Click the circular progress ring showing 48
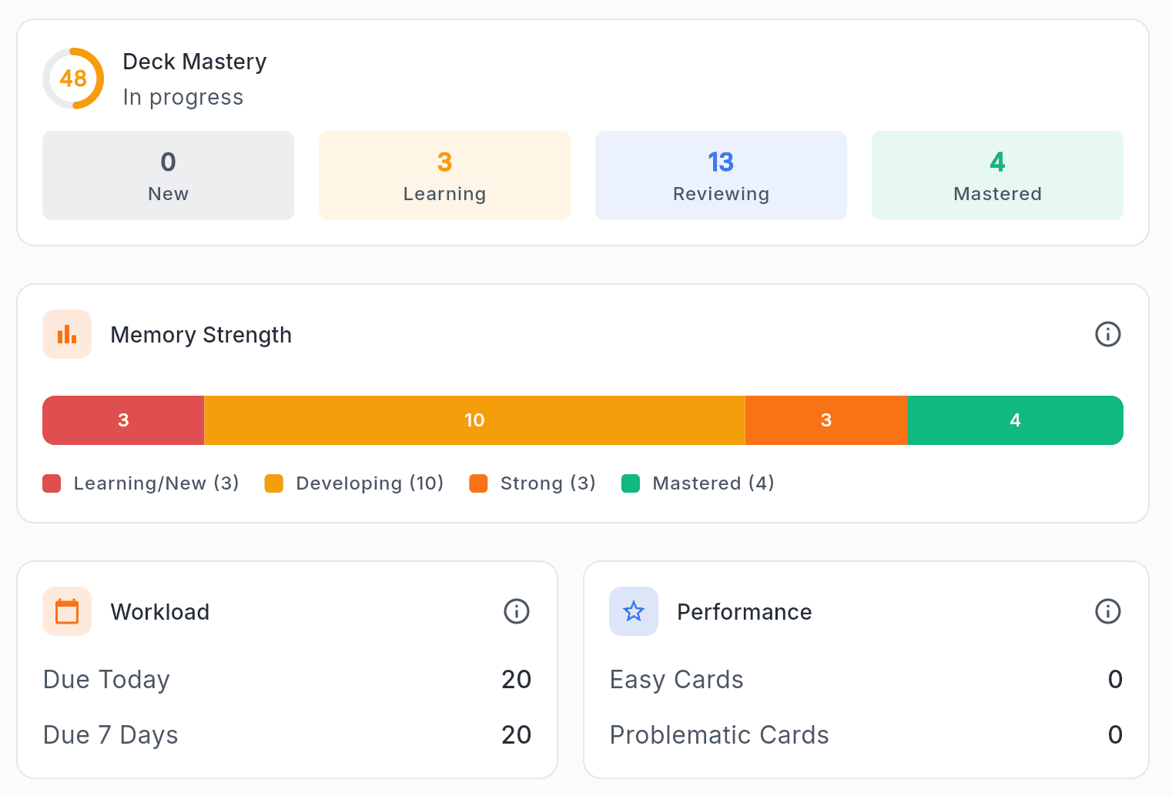[73, 79]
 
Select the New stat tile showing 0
[168, 176]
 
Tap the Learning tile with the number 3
[444, 176]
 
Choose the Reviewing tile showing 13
[721, 176]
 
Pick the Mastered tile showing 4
[997, 176]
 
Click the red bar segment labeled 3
[123, 420]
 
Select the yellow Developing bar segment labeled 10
[474, 420]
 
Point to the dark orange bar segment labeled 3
[826, 420]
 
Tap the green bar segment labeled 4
[1015, 420]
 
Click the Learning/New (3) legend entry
[141, 483]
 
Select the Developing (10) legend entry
[354, 483]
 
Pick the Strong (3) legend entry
[533, 483]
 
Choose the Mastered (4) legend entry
[698, 483]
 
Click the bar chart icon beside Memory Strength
[67, 334]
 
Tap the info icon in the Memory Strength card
[1107, 334]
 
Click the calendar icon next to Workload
[67, 611]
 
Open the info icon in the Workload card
[516, 611]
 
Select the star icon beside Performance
[634, 611]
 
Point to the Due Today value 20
[516, 680]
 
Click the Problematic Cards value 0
[1114, 735]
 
